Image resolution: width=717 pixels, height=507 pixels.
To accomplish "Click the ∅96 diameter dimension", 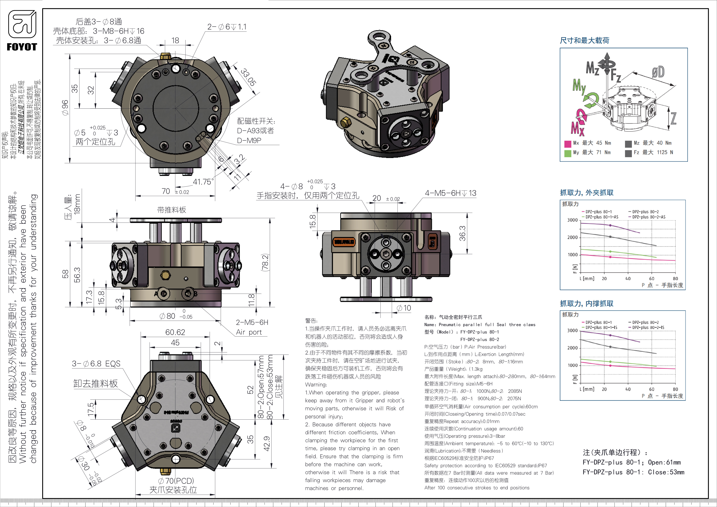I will click(x=65, y=108).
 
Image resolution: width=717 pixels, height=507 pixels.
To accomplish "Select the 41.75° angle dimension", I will click(x=203, y=182).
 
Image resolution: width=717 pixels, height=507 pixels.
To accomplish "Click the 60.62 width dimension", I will click(x=175, y=332).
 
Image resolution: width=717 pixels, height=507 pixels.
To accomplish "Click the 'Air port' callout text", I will click(x=249, y=332).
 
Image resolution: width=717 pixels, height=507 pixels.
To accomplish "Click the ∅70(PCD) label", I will click(x=176, y=481).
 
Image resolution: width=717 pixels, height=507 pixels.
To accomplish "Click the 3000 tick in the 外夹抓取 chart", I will click(x=572, y=220).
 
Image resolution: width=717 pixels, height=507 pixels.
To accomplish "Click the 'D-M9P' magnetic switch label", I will click(x=249, y=140).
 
